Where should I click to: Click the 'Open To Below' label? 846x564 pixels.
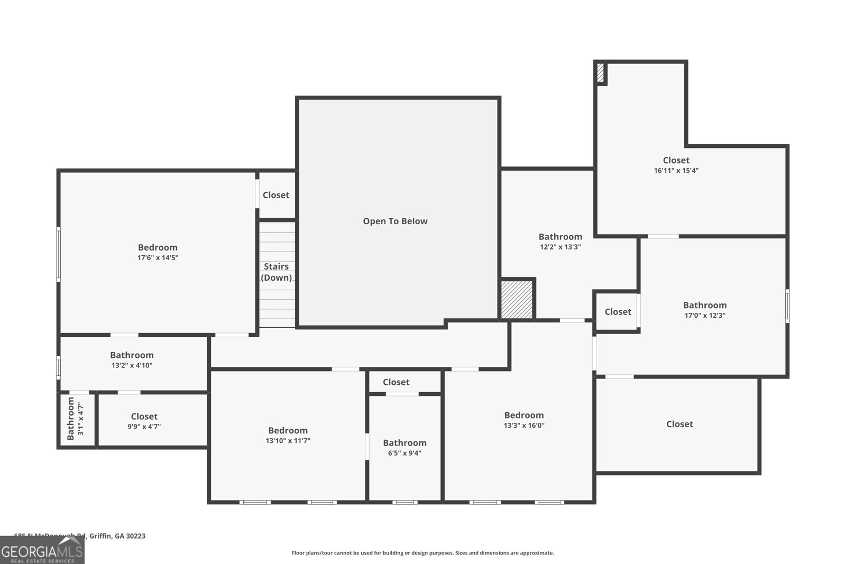[x=395, y=221]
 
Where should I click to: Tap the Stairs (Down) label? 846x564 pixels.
[x=276, y=272]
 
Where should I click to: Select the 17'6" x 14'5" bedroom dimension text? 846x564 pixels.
[x=158, y=258]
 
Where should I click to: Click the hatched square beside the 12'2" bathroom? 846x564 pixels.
[x=517, y=300]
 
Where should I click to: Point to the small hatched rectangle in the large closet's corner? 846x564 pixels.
[x=600, y=72]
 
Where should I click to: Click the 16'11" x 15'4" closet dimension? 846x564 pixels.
[x=676, y=171]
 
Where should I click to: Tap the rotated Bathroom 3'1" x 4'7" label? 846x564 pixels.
[x=74, y=419]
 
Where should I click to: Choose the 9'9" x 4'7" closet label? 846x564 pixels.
[x=144, y=427]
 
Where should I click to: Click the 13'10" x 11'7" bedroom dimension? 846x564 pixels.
[x=288, y=441]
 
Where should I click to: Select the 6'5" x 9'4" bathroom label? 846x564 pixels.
[x=404, y=453]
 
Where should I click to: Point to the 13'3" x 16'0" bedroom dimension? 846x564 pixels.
[x=523, y=426]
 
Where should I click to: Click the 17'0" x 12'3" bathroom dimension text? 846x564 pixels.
[x=705, y=316]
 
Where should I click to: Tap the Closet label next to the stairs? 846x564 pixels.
[x=276, y=195]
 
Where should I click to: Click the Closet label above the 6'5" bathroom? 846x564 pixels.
[x=396, y=382]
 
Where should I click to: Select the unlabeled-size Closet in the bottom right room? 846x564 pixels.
[x=679, y=424]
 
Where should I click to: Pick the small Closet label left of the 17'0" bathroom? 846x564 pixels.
[x=618, y=312]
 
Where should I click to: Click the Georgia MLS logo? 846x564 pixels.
[x=42, y=550]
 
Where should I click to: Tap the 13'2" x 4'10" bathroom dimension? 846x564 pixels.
[x=132, y=365]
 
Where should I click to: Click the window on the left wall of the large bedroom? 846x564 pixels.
[x=59, y=254]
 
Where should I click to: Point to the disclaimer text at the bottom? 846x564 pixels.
[x=422, y=553]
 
